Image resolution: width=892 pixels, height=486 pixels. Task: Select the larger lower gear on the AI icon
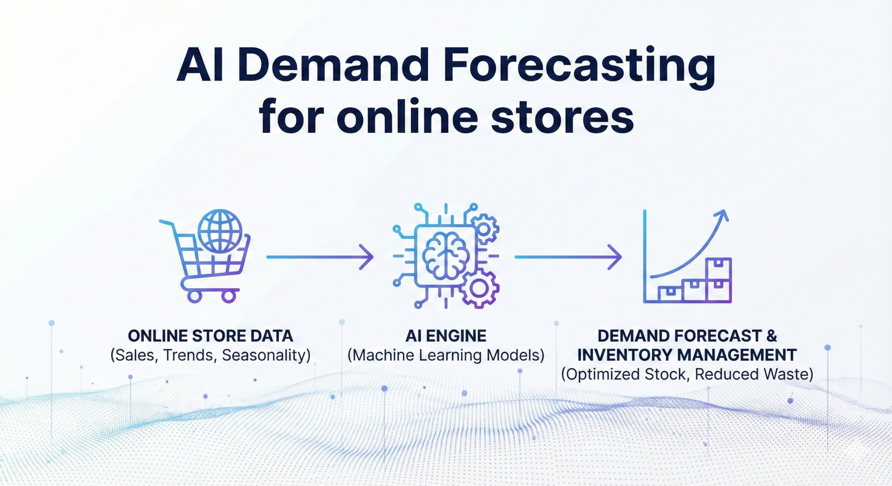[x=480, y=288]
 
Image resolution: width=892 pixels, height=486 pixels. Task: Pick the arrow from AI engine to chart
[x=568, y=257]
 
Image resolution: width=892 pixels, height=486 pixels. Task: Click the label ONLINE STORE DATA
[x=210, y=336]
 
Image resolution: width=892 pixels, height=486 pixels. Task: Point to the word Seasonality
[x=266, y=355]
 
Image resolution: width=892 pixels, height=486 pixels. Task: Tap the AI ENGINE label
[x=446, y=336]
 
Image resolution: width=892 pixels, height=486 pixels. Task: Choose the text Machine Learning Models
[x=446, y=355]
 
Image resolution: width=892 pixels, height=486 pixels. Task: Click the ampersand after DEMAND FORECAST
[x=771, y=336]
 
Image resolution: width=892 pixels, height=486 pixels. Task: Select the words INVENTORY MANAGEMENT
[x=687, y=355]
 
